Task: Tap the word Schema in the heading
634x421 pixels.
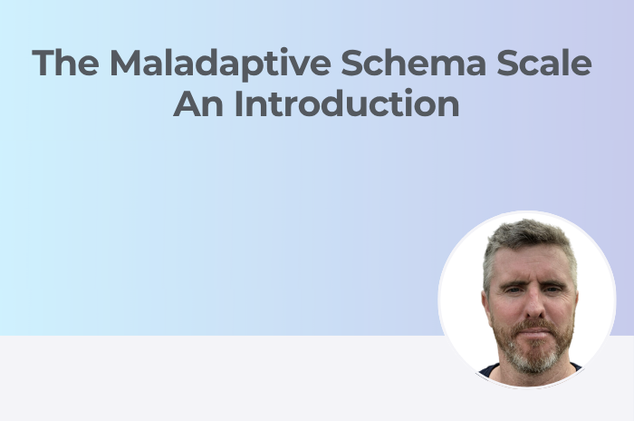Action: pyautogui.click(x=413, y=63)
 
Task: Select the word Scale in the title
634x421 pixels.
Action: pyautogui.click(x=544, y=63)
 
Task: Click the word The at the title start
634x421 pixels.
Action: pyautogui.click(x=65, y=63)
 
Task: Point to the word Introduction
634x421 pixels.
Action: pyautogui.click(x=347, y=103)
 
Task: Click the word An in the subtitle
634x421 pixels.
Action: pyautogui.click(x=198, y=103)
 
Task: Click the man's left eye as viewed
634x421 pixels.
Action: pyautogui.click(x=513, y=289)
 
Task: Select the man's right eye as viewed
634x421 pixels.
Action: pyautogui.click(x=552, y=289)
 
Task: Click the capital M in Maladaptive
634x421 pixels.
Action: pyautogui.click(x=125, y=63)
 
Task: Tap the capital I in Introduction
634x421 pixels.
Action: pyautogui.click(x=238, y=103)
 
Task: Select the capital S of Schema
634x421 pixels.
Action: pyautogui.click(x=351, y=63)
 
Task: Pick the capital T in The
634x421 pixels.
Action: pyautogui.click(x=43, y=63)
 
